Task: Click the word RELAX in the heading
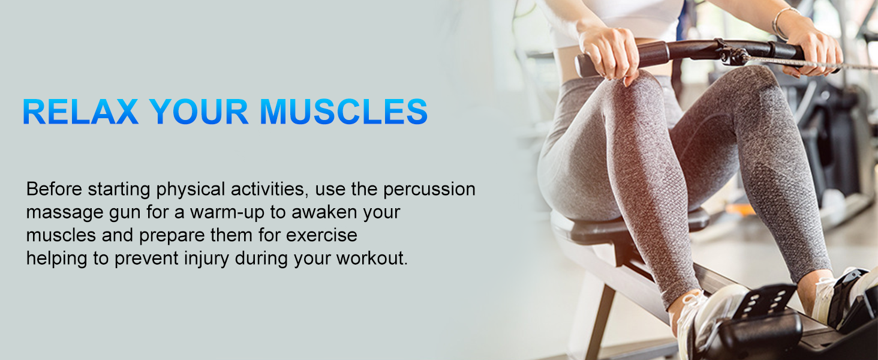80,112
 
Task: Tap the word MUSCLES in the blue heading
344,112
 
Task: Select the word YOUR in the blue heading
199,112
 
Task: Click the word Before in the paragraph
54,189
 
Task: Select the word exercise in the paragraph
321,235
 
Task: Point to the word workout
372,259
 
